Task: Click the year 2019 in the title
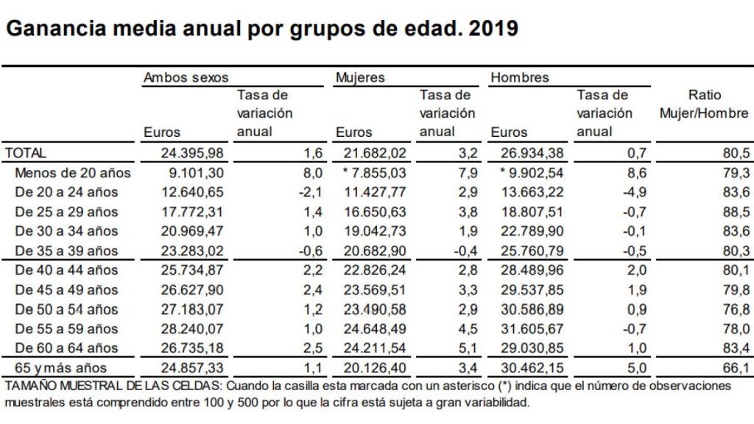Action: pos(493,29)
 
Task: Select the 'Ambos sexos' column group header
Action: pos(186,77)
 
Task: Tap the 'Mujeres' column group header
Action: pos(360,77)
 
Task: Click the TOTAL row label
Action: pos(26,153)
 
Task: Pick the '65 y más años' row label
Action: pos(63,367)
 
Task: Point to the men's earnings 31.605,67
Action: pos(521,328)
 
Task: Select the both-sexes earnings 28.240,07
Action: pos(191,328)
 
